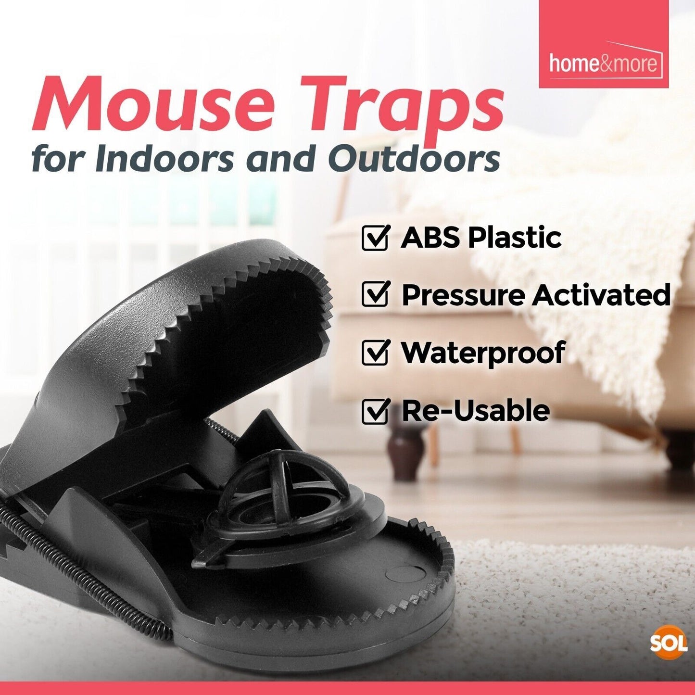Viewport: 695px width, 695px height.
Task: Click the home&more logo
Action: (x=603, y=63)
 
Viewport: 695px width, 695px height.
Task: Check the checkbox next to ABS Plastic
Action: (x=375, y=238)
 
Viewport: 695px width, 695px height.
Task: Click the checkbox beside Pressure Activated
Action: (x=375, y=295)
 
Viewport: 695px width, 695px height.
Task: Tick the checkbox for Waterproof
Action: (x=375, y=353)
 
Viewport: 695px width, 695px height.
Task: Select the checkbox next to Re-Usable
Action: (x=375, y=411)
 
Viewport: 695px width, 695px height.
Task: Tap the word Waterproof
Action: (x=483, y=353)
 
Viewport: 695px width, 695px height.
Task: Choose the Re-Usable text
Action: (x=475, y=411)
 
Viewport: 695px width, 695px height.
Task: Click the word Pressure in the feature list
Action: (x=463, y=294)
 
